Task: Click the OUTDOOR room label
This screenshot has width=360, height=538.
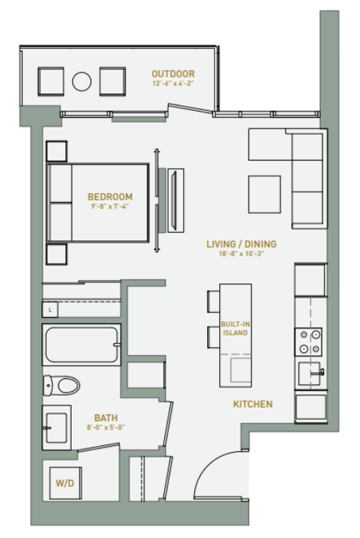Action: (x=172, y=74)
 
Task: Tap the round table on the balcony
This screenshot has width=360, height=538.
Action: (x=81, y=80)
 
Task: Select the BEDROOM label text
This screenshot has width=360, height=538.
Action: (x=110, y=197)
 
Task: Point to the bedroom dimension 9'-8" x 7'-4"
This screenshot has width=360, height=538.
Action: (x=110, y=206)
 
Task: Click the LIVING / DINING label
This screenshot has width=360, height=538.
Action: (x=241, y=244)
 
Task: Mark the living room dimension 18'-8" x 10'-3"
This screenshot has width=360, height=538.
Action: (x=241, y=253)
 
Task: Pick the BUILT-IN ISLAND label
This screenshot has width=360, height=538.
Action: (x=235, y=329)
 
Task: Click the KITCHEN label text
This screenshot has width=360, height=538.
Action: (x=252, y=405)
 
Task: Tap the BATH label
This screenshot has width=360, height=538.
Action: (x=105, y=417)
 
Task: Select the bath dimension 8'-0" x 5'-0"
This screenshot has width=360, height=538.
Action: (x=105, y=426)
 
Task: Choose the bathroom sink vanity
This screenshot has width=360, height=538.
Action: (x=56, y=426)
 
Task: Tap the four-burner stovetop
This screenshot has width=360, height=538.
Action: (x=310, y=341)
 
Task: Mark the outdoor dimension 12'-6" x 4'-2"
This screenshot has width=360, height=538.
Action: (x=172, y=83)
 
